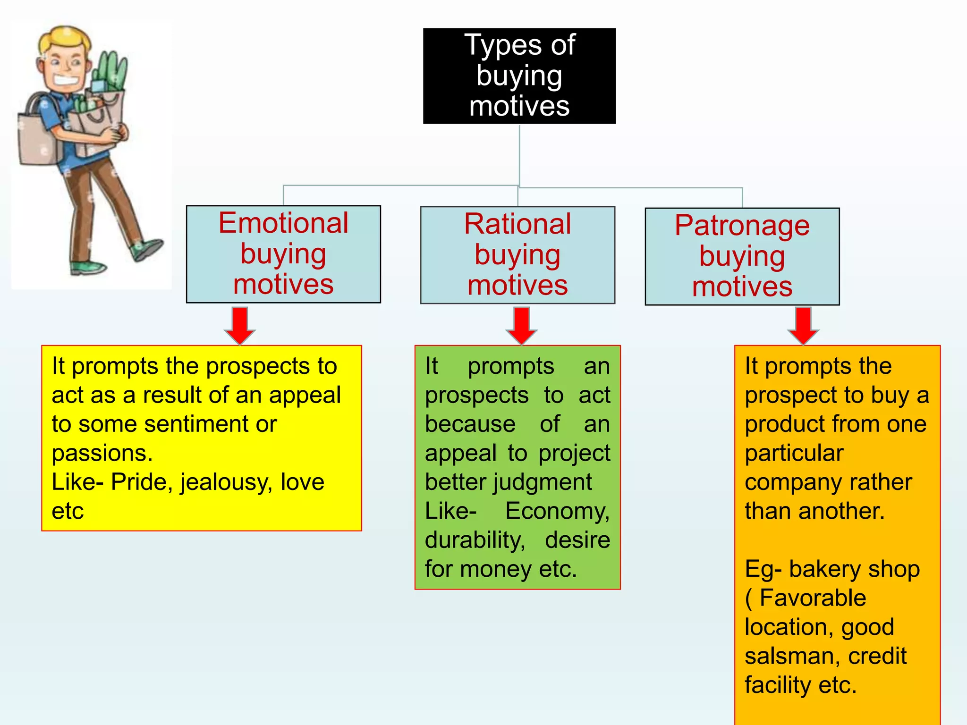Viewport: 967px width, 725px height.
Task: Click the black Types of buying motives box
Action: tap(519, 76)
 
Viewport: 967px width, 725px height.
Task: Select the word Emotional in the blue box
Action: tap(283, 223)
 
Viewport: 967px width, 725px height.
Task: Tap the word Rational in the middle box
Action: tap(517, 224)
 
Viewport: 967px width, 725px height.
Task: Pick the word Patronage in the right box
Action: tap(742, 226)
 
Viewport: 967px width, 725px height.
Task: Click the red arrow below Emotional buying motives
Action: tap(240, 326)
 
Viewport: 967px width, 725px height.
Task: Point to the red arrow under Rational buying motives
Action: tap(521, 326)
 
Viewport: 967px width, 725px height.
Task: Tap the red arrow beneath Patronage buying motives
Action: tap(803, 326)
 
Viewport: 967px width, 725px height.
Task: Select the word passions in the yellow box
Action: tap(102, 454)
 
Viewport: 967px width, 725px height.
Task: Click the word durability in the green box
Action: tap(475, 540)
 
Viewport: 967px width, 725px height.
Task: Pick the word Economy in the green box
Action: tap(557, 511)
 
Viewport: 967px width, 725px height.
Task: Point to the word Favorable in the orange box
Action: tap(813, 599)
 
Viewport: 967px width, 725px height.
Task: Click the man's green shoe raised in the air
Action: tap(149, 249)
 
